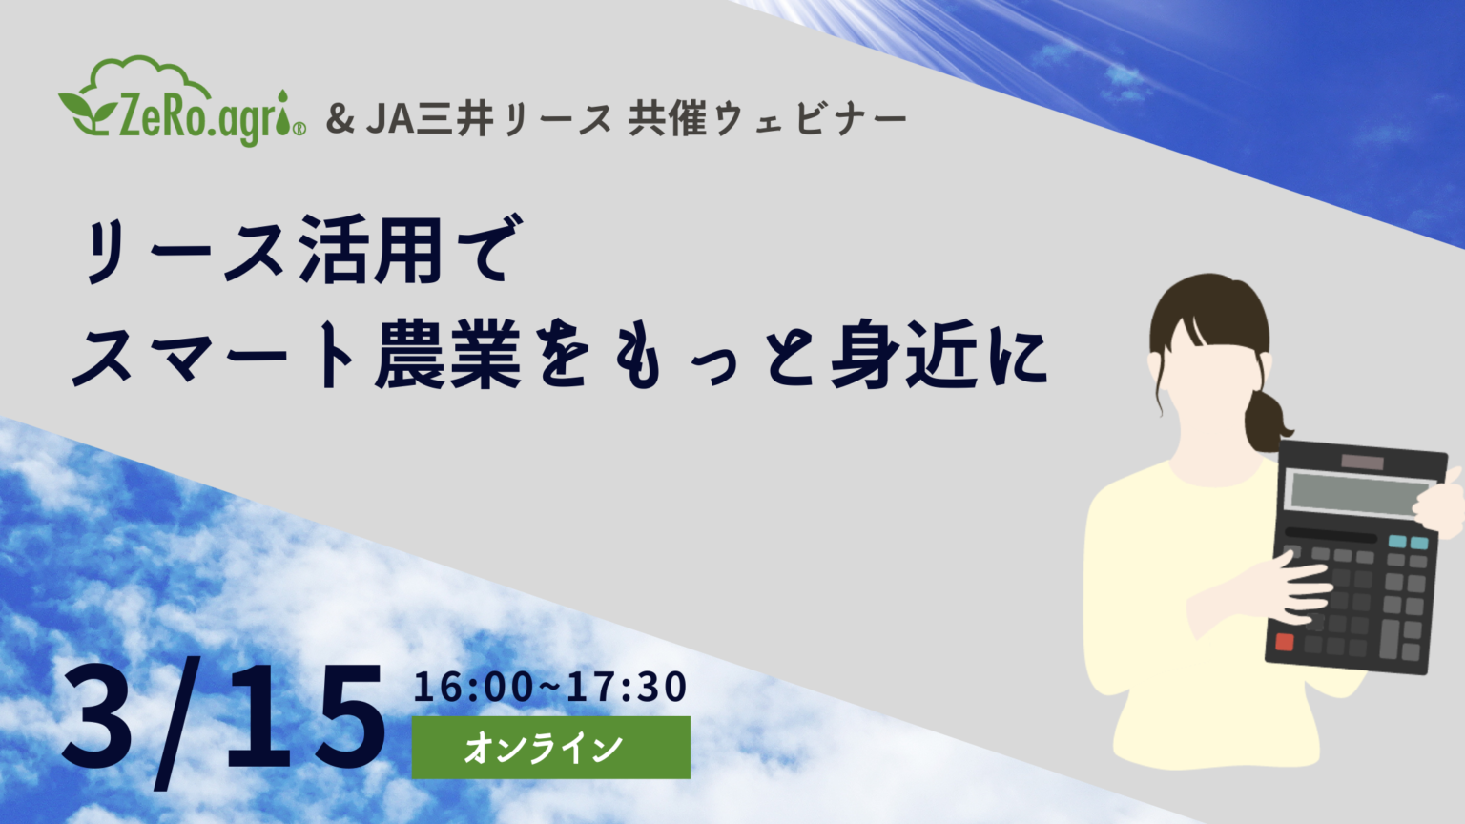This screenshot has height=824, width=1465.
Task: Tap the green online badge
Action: pyautogui.click(x=550, y=748)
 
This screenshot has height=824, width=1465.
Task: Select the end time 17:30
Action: pyautogui.click(x=627, y=687)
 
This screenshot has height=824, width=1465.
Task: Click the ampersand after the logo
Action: pyautogui.click(x=340, y=119)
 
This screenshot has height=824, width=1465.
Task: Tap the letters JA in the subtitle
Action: pyautogui.click(x=390, y=119)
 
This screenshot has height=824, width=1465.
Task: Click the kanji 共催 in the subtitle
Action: pyautogui.click(x=667, y=119)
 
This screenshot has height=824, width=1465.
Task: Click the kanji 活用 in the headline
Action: pyautogui.click(x=370, y=251)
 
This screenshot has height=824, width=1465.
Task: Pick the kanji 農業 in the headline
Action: pyautogui.click(x=447, y=354)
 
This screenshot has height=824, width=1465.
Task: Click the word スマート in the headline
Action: pyautogui.click(x=214, y=357)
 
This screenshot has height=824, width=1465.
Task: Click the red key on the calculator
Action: pyautogui.click(x=1285, y=642)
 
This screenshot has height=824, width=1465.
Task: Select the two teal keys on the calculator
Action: pyautogui.click(x=1408, y=542)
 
